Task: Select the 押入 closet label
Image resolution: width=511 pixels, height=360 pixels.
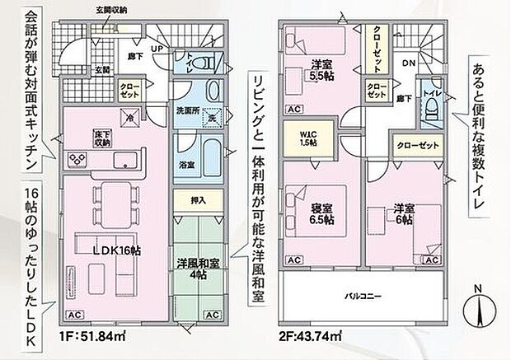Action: point(198,200)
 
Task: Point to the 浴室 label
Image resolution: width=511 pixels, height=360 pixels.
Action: point(188,165)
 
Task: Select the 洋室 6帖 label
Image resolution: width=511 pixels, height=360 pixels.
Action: point(402,213)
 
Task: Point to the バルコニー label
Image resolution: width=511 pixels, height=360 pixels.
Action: point(362,295)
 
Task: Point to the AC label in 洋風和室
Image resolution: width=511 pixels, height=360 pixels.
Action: point(212,315)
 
